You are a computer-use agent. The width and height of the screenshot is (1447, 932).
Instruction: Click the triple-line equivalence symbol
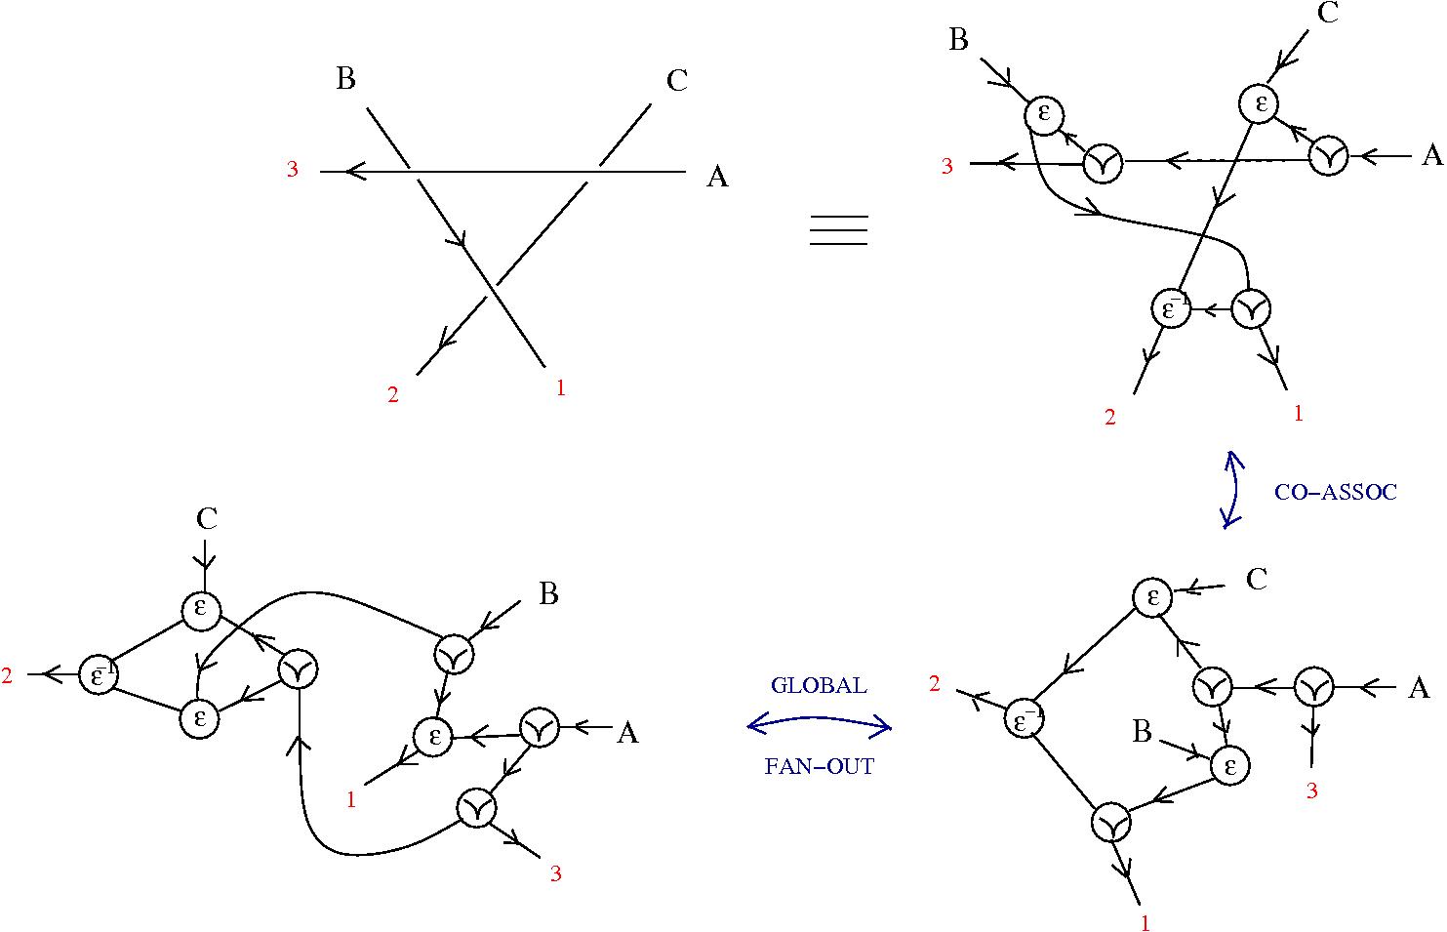pos(838,230)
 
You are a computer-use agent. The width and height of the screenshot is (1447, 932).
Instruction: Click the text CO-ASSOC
pos(1335,493)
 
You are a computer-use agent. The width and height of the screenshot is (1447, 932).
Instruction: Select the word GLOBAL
pos(818,685)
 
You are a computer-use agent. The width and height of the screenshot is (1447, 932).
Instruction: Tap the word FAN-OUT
pos(819,766)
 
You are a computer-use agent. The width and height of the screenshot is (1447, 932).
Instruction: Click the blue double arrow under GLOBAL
pos(819,724)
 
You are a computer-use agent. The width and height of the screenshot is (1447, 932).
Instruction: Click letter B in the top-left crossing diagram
pos(345,79)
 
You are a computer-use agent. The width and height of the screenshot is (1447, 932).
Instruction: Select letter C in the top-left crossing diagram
pos(677,81)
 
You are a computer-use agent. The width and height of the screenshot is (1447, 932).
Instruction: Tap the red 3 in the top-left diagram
pos(292,170)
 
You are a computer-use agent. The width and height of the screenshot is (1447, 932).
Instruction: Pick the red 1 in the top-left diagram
pos(560,387)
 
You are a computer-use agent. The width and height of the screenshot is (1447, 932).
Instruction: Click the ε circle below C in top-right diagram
pos(1260,103)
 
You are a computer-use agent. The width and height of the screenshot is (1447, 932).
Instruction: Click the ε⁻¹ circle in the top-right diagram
pos(1171,309)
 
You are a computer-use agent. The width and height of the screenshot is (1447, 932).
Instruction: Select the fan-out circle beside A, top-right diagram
pos(1328,156)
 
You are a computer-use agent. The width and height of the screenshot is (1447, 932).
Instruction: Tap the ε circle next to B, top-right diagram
pos(1044,114)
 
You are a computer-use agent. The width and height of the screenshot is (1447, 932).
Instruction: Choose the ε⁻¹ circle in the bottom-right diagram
pos(1025,719)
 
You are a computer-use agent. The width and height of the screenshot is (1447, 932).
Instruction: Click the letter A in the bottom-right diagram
pos(1419,689)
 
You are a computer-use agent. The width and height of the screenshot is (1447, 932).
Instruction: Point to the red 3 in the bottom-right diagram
pos(1311,791)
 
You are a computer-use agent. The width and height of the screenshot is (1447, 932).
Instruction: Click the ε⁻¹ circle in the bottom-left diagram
pos(99,674)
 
